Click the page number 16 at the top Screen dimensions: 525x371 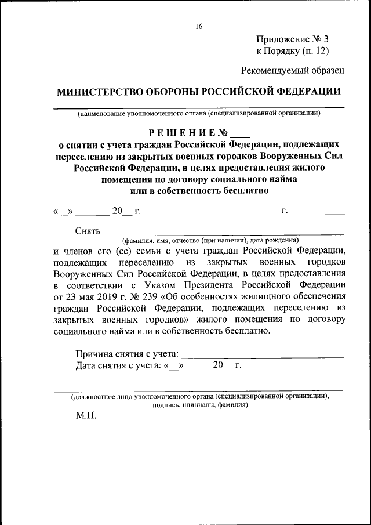[x=199, y=27]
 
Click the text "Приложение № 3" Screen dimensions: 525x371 [x=292, y=39]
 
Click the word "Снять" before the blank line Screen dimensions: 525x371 [x=88, y=230]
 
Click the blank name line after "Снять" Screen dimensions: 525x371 [x=223, y=232]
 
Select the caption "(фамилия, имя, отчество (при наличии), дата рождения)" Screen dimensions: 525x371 [x=209, y=240]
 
